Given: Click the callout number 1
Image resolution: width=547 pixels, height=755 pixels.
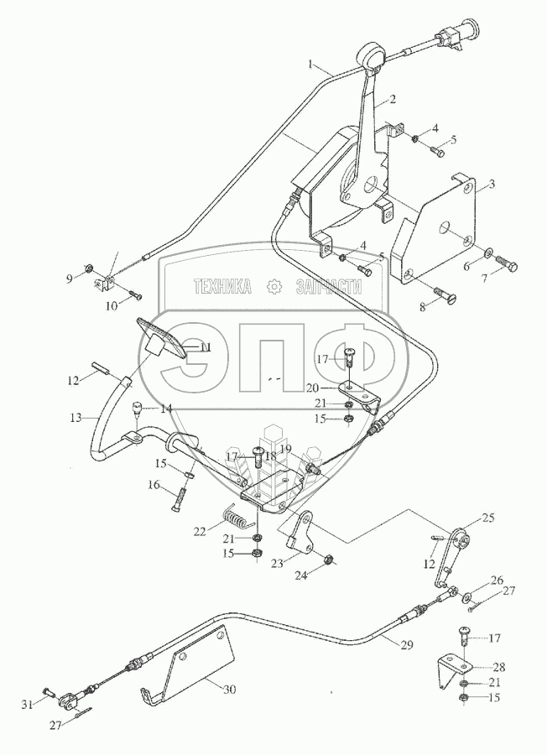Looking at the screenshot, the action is click(x=311, y=64).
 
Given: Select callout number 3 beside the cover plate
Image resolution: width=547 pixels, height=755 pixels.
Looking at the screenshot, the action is click(x=491, y=184).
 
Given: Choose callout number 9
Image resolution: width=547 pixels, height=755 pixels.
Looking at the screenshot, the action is click(x=70, y=278).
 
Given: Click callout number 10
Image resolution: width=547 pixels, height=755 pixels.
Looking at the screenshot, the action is click(x=112, y=305).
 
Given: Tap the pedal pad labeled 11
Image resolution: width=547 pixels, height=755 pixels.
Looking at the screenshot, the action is click(x=162, y=339).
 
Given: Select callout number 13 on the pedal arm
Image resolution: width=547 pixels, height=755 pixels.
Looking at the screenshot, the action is click(x=76, y=418).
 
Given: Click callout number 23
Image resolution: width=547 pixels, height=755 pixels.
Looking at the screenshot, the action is click(x=277, y=562).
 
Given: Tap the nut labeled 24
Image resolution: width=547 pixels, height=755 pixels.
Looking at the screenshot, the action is click(x=327, y=560).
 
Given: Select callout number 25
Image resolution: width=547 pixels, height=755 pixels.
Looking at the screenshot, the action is click(x=489, y=518).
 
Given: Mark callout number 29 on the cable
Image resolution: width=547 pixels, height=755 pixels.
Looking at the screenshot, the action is click(x=407, y=645).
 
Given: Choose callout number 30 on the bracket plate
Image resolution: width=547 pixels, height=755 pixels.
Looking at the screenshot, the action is click(x=230, y=690).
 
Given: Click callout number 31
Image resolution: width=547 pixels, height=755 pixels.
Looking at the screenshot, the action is click(x=28, y=705).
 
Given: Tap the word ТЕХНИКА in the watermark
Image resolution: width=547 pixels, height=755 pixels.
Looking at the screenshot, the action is click(x=222, y=287).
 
